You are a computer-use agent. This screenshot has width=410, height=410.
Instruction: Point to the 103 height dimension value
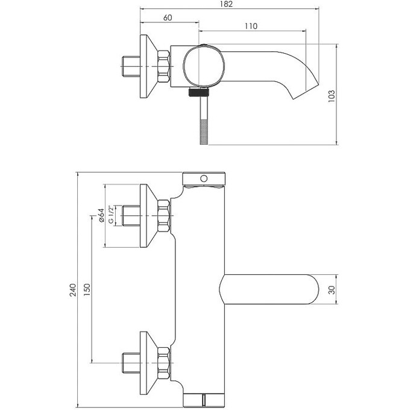[x=332, y=96]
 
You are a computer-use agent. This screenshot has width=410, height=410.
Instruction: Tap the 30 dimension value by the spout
[x=332, y=290]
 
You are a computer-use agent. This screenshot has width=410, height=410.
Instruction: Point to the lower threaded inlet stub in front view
[x=131, y=362]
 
